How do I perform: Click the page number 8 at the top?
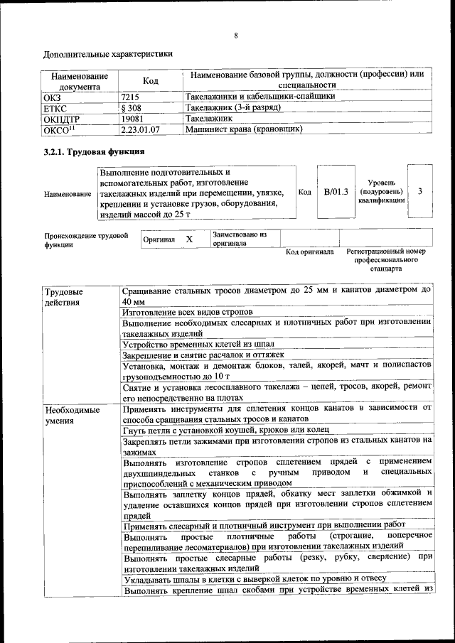(x=235, y=36)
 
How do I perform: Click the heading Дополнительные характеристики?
(x=107, y=53)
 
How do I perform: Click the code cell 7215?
(x=131, y=96)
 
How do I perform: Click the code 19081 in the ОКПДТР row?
(x=133, y=119)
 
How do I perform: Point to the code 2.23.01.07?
(x=140, y=130)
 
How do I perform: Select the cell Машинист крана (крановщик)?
(x=244, y=130)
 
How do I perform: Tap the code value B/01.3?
(x=336, y=192)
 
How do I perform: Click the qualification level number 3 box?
(x=420, y=192)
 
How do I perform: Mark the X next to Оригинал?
(x=189, y=239)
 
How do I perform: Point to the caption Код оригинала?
(x=309, y=252)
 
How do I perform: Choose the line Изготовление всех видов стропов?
(x=188, y=312)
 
